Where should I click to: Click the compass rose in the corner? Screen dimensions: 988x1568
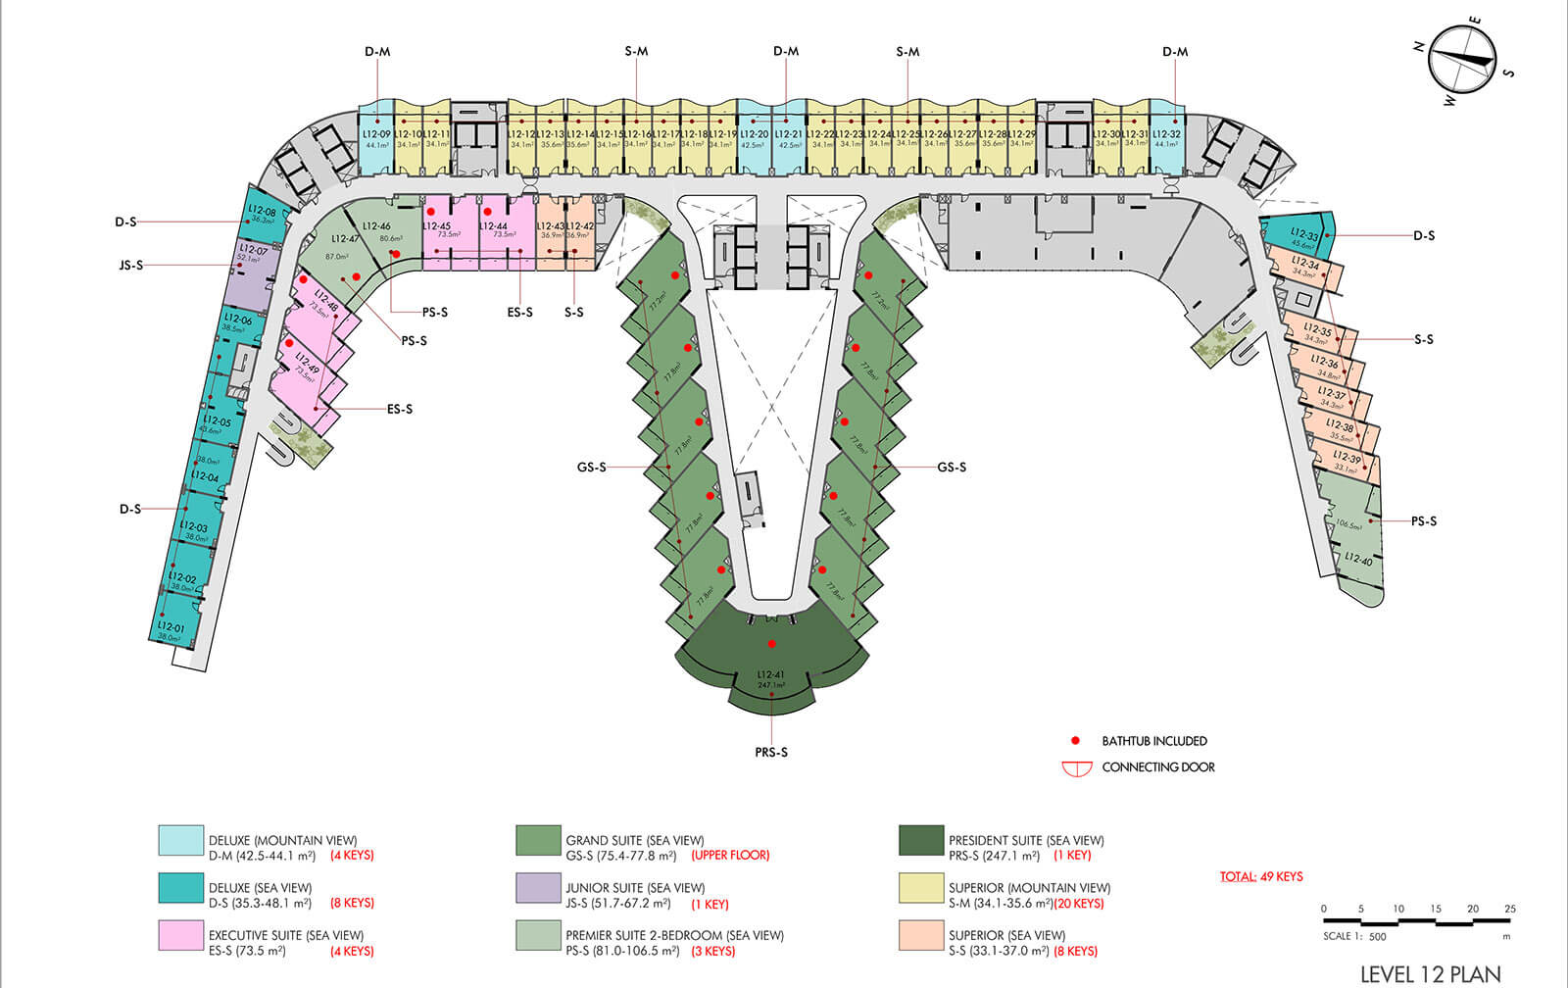(1463, 60)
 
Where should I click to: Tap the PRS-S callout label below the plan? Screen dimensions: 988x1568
(771, 753)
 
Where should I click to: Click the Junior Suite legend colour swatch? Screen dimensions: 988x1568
(538, 888)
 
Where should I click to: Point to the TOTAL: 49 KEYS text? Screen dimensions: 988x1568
(1261, 876)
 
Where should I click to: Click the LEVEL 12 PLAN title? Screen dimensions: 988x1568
(1431, 974)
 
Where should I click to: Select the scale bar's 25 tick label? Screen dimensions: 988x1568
(1510, 909)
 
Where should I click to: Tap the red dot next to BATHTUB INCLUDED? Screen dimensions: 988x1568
(1075, 741)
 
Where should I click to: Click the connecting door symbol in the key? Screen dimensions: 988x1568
(1077, 768)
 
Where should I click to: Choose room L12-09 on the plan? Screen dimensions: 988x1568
(376, 137)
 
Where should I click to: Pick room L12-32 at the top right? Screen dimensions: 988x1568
(1166, 137)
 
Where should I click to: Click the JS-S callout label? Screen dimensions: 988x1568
(131, 266)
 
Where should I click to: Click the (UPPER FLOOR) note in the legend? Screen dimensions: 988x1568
(730, 855)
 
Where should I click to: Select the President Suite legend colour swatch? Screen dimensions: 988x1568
(921, 840)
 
